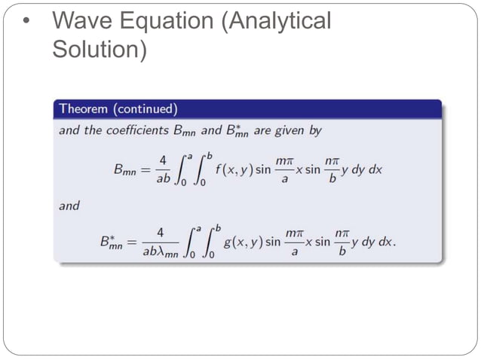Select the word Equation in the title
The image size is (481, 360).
(167, 23)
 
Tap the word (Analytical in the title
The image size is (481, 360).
(274, 23)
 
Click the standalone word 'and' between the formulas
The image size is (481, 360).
(69, 204)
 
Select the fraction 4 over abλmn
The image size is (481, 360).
(159, 243)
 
